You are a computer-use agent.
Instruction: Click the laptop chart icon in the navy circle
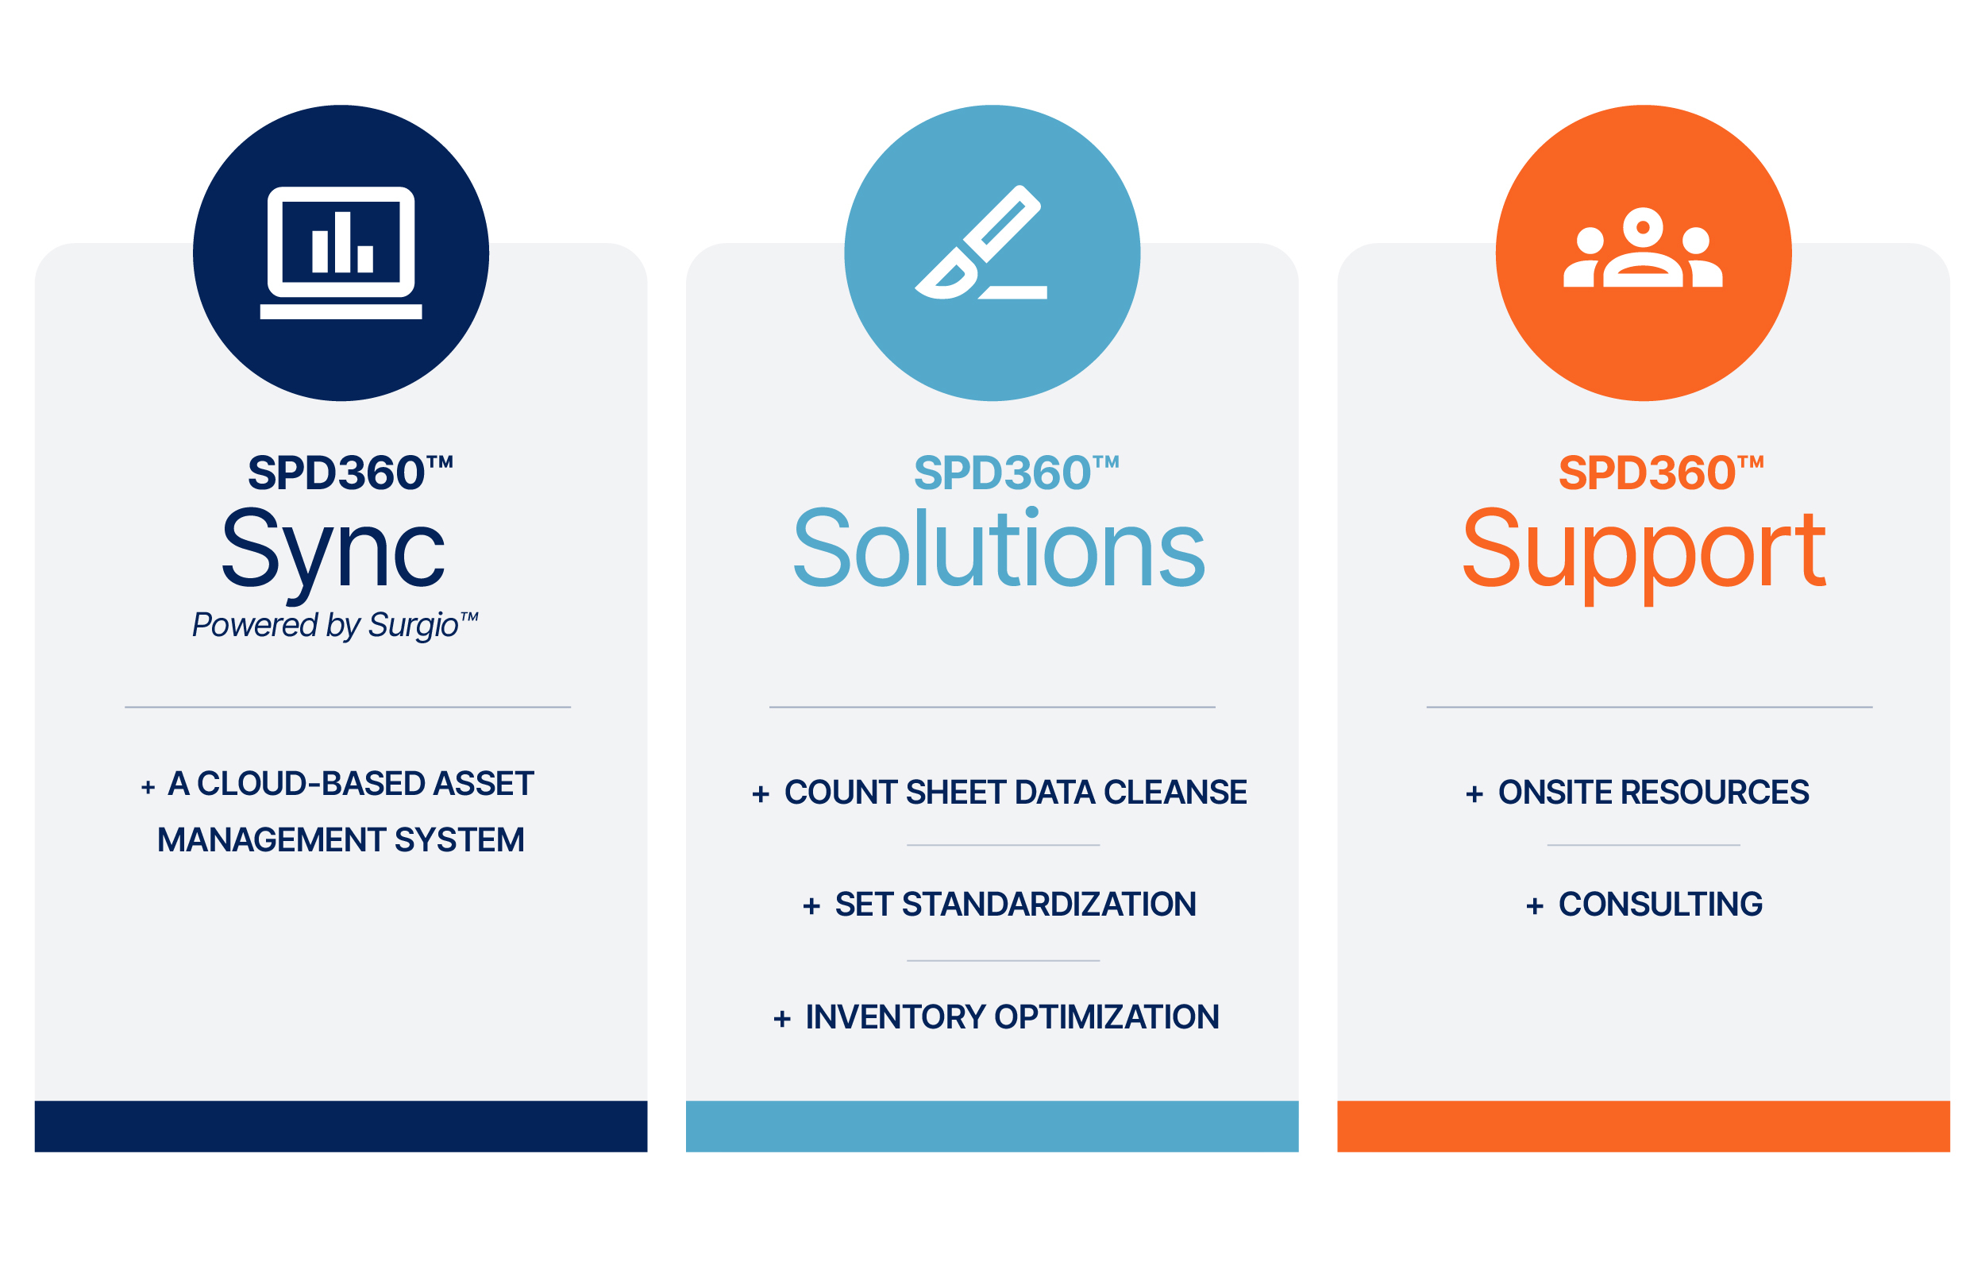point(341,253)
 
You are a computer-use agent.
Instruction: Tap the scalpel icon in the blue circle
point(981,242)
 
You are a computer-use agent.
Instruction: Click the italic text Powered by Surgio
point(334,625)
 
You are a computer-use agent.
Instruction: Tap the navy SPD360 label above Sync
point(350,473)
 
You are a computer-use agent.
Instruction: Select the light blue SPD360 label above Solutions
point(1016,473)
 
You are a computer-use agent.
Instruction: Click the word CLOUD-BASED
point(311,784)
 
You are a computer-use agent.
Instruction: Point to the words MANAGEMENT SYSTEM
point(341,840)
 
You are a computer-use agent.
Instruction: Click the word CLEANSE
point(1175,792)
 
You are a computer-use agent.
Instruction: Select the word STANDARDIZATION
point(1049,905)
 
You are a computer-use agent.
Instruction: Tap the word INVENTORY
point(896,1017)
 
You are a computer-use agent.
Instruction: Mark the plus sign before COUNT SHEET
point(760,794)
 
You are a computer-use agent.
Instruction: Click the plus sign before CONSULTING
point(1534,906)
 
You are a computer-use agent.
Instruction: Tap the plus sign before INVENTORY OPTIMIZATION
point(781,1019)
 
